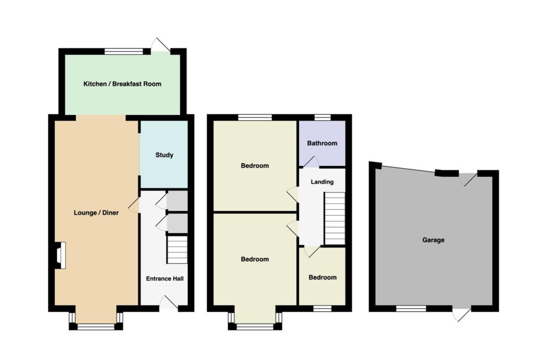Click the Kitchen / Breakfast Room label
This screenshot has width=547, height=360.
(122, 84)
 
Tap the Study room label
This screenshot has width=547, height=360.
(165, 155)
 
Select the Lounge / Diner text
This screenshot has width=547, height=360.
(96, 213)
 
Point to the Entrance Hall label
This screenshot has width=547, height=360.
(165, 278)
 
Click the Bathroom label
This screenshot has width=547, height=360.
(322, 143)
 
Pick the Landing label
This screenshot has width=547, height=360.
(322, 182)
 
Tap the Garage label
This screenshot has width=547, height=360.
(433, 240)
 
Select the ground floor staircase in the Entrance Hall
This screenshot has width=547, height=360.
(177, 250)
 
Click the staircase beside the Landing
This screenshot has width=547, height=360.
(335, 218)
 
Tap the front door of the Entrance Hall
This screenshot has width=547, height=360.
(168, 303)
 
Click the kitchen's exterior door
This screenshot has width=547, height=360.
(161, 46)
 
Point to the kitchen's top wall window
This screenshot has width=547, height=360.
(124, 52)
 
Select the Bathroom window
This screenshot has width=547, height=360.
(322, 118)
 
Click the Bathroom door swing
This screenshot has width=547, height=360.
(310, 162)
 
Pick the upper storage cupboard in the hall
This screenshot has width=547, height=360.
(177, 201)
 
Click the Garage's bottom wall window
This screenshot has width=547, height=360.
(411, 308)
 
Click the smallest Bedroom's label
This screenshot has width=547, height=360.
(322, 277)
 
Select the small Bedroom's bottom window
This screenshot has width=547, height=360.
(322, 308)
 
